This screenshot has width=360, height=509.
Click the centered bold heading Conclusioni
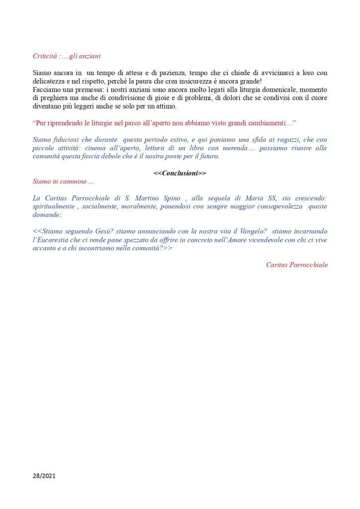180,173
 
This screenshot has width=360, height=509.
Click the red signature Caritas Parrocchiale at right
296,265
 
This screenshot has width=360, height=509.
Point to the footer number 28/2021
45,476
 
